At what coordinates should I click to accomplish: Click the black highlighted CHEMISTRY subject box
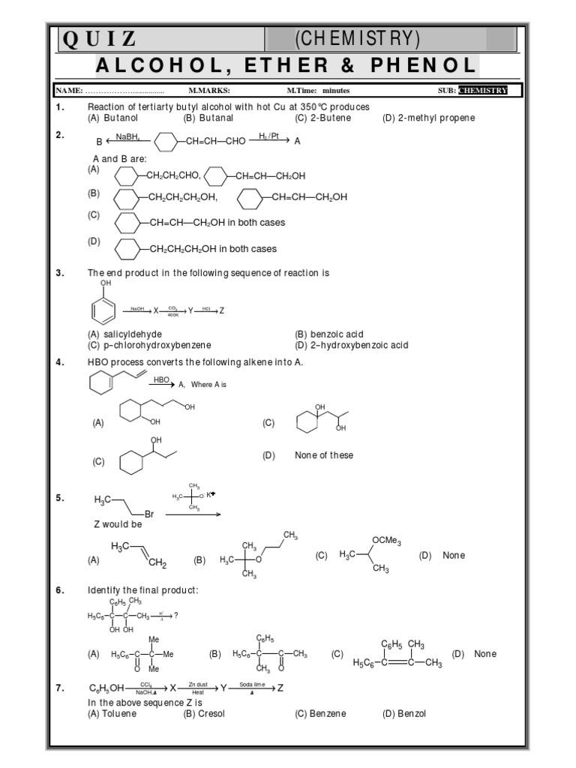pos(483,91)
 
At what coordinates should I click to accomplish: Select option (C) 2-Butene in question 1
pos(322,118)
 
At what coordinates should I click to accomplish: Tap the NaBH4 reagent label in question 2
pos(127,136)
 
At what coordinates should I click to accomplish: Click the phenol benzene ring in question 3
pos(105,309)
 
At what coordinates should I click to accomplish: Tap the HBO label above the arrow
pos(161,380)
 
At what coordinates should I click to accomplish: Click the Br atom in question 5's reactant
pos(149,514)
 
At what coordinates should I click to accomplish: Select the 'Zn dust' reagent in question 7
pos(198,685)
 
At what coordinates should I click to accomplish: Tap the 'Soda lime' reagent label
pos(251,685)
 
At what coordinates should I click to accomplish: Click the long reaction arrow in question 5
pos(193,514)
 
